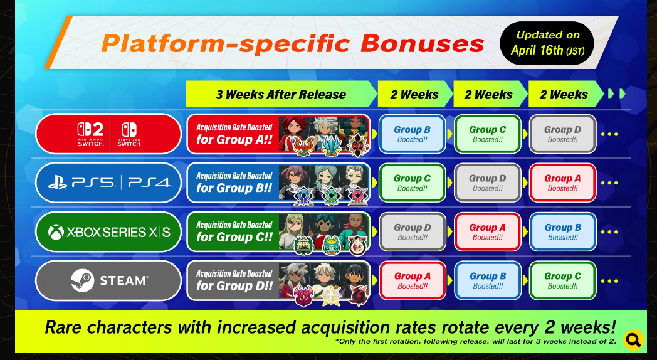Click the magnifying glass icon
(633, 339)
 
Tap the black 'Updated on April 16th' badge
(547, 43)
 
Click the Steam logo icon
(82, 280)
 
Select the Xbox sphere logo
(56, 232)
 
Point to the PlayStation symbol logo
(58, 183)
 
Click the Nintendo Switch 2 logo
(90, 134)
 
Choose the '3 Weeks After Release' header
(281, 94)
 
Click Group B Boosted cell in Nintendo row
(412, 134)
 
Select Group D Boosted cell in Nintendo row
(563, 134)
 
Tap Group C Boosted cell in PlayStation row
(412, 183)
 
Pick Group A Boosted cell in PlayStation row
(563, 183)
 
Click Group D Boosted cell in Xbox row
(412, 232)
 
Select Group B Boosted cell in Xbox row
(563, 232)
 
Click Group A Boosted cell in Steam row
(412, 280)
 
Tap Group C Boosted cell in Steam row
(563, 280)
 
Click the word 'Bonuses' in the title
(422, 43)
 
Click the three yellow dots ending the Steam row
(609, 281)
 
